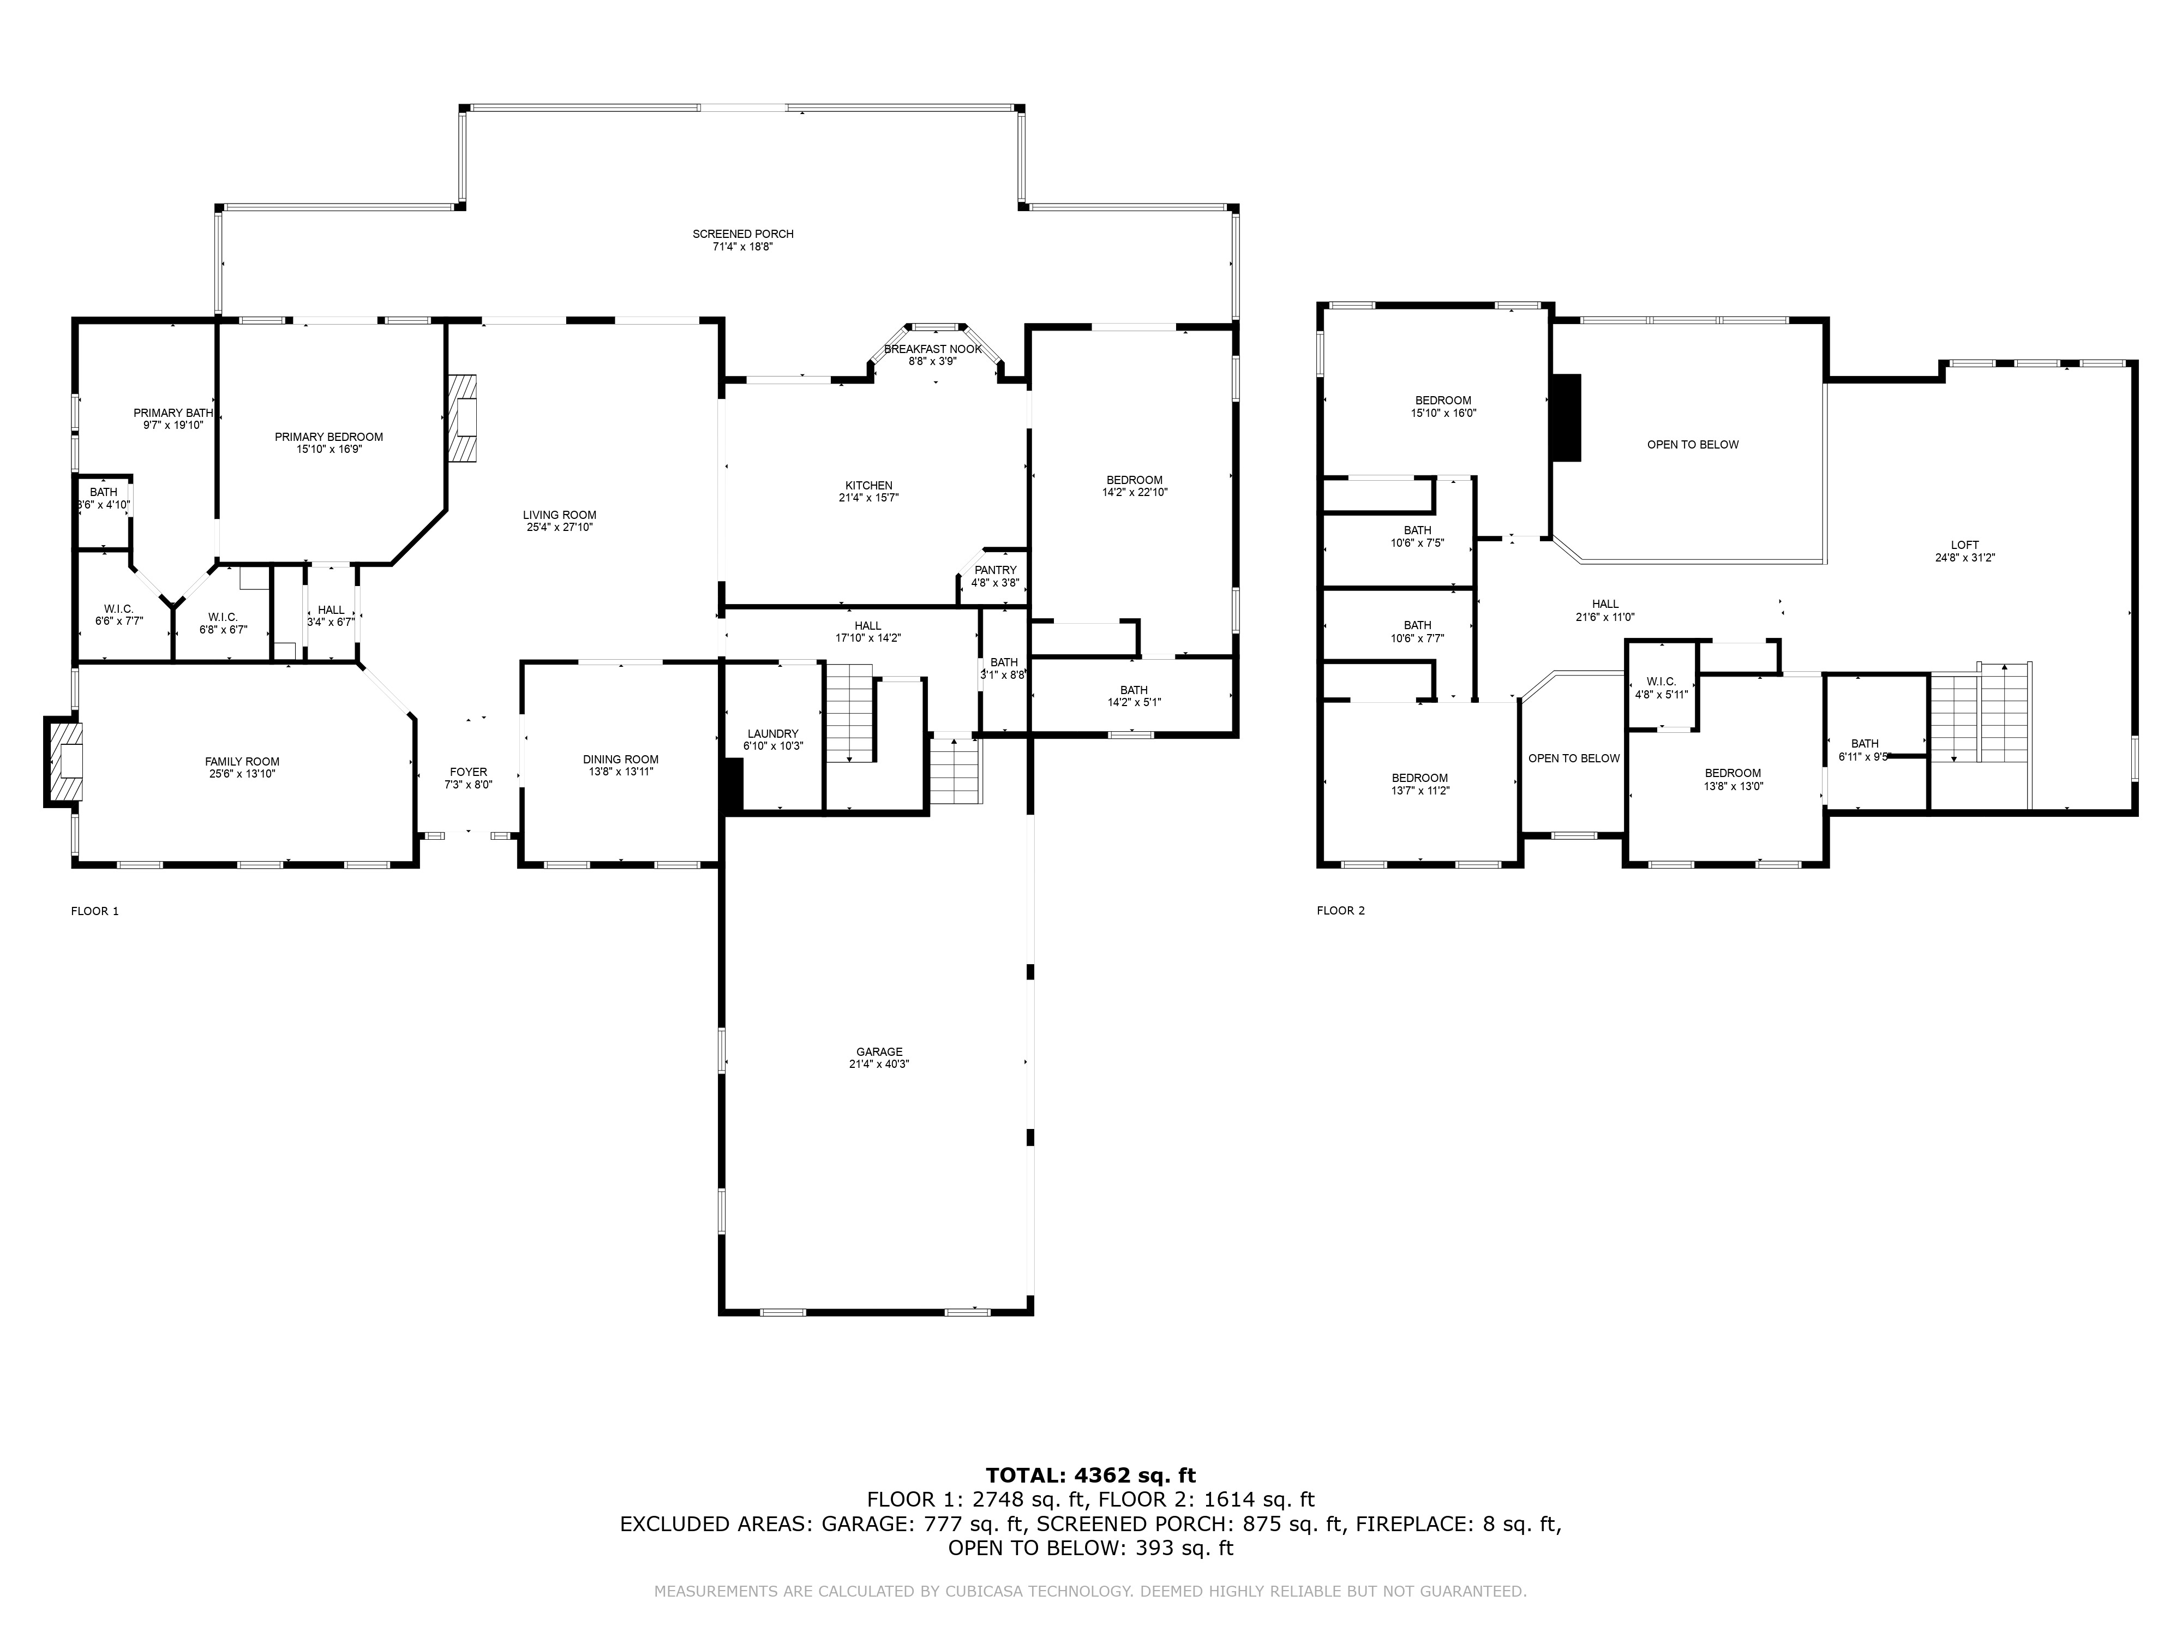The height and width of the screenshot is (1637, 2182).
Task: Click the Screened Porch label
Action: coord(743,234)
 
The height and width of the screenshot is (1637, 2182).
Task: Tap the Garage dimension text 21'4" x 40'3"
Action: coord(878,1065)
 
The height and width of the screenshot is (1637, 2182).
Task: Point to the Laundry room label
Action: coord(772,733)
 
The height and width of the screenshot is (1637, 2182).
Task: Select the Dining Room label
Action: coord(620,759)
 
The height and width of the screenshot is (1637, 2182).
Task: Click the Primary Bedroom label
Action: coord(328,437)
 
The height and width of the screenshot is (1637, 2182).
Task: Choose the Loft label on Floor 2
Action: coord(1964,545)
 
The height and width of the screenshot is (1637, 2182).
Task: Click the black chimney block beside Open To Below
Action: coord(1567,417)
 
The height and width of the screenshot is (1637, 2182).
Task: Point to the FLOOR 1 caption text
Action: coord(95,911)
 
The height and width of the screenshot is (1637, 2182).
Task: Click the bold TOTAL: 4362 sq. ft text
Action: coord(1090,1475)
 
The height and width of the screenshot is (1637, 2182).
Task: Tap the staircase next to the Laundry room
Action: coord(849,713)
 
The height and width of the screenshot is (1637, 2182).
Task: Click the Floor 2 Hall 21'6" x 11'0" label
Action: coord(1605,604)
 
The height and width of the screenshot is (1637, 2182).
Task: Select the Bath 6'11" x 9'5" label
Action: coord(1865,743)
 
